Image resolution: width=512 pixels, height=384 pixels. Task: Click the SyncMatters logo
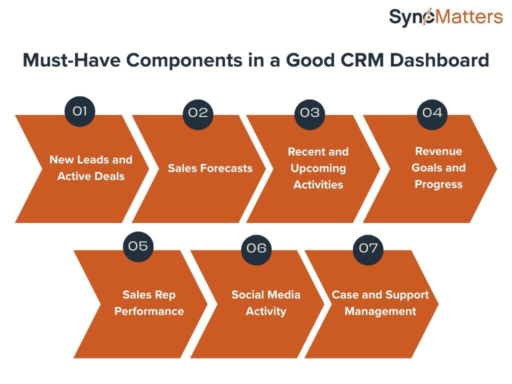point(445,17)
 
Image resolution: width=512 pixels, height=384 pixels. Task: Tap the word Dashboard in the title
point(439,60)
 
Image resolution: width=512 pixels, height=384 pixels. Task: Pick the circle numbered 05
point(138,246)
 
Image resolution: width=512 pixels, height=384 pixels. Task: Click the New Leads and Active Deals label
point(90,168)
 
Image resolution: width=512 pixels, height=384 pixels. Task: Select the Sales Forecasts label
point(210,168)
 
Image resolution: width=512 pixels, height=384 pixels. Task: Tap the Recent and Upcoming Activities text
point(318,168)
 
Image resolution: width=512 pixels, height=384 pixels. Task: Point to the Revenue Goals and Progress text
point(438,167)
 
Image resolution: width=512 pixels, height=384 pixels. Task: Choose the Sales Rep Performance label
point(149,303)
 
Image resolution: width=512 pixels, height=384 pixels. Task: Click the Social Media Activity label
point(265,303)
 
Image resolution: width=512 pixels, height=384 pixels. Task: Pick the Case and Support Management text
point(380,303)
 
